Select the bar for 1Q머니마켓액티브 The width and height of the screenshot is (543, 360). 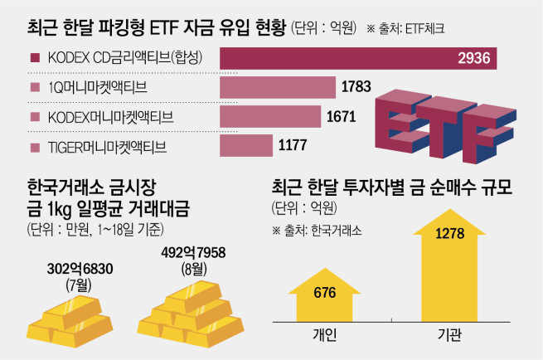tap(278, 88)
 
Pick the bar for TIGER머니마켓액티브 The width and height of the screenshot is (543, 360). tap(246, 147)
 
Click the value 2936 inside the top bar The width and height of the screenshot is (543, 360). tap(474, 58)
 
